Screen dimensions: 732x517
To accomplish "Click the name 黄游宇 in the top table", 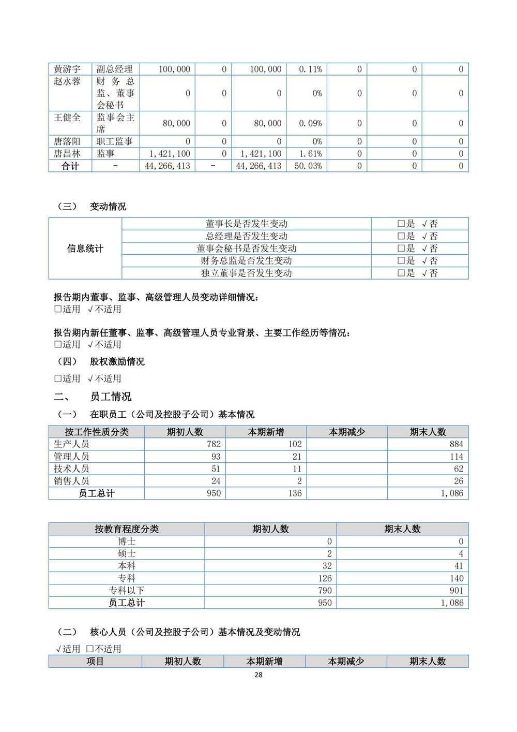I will click(x=67, y=69).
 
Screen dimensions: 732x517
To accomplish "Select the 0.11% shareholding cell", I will click(x=310, y=69).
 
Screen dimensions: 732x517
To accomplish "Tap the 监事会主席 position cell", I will click(x=115, y=123).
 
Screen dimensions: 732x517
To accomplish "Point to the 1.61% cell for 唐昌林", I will click(x=310, y=154).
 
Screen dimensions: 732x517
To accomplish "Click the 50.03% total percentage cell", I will click(x=308, y=166).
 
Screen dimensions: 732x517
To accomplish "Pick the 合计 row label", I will click(x=70, y=166).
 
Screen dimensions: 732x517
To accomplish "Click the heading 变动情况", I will click(x=108, y=207).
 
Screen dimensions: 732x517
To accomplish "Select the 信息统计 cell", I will click(x=85, y=248).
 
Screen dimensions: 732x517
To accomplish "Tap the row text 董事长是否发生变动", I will click(x=246, y=224).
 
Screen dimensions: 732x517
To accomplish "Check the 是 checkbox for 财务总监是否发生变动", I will click(x=401, y=261).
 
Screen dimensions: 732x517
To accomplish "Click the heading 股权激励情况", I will click(x=117, y=361).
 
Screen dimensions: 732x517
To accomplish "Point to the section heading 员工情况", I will click(x=111, y=397).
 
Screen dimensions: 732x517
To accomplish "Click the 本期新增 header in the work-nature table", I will click(x=266, y=432).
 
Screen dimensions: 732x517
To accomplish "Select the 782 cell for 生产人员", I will click(x=214, y=444).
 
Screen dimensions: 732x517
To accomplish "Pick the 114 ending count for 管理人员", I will click(x=456, y=457).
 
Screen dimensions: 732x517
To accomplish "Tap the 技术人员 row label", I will click(x=71, y=469).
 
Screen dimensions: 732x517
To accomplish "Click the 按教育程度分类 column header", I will click(x=127, y=529).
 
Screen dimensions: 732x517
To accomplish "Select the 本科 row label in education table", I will click(x=127, y=566).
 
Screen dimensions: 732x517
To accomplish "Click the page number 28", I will click(x=258, y=675).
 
